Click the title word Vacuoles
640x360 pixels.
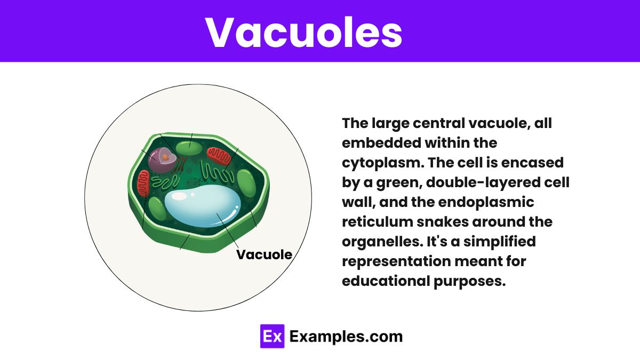(x=303, y=32)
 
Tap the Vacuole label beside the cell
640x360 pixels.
(x=265, y=254)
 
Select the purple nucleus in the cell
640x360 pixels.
(x=163, y=160)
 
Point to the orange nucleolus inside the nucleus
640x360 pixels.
(x=166, y=157)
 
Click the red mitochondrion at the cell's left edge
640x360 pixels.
(x=143, y=183)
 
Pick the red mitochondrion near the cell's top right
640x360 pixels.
(x=219, y=156)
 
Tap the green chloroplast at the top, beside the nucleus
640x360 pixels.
(x=189, y=148)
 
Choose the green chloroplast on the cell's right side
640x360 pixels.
(x=246, y=183)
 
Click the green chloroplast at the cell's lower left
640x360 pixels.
(x=157, y=209)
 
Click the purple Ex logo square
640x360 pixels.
(x=273, y=337)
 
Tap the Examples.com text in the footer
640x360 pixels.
(x=346, y=337)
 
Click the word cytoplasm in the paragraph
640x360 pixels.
(x=382, y=163)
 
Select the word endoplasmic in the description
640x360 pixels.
(x=486, y=202)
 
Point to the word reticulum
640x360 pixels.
(x=378, y=222)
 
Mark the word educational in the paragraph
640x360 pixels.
(x=386, y=281)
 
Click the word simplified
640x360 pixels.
(x=499, y=242)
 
